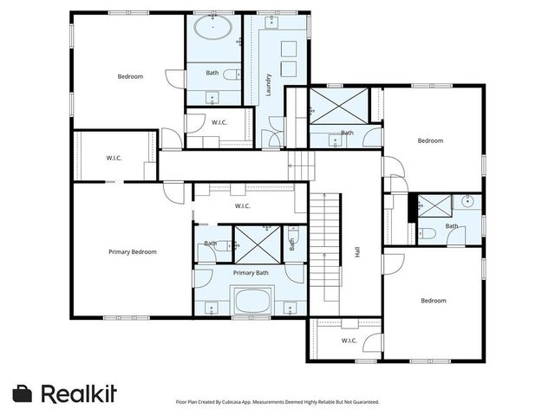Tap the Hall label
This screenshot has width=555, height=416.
click(x=356, y=252)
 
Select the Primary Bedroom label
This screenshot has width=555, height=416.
click(x=133, y=252)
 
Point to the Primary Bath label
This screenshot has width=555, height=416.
click(x=251, y=273)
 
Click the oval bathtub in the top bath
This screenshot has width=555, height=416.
click(x=212, y=28)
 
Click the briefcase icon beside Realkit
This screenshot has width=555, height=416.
click(x=23, y=393)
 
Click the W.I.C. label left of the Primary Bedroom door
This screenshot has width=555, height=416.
click(x=114, y=158)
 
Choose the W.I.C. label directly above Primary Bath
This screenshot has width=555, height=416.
click(x=242, y=206)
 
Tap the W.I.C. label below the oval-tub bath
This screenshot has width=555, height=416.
click(x=219, y=122)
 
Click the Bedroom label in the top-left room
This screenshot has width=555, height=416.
click(x=130, y=77)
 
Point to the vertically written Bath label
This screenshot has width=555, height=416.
click(x=292, y=244)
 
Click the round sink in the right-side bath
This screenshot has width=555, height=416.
click(x=467, y=202)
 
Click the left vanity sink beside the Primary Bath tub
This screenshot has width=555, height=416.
click(x=208, y=305)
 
